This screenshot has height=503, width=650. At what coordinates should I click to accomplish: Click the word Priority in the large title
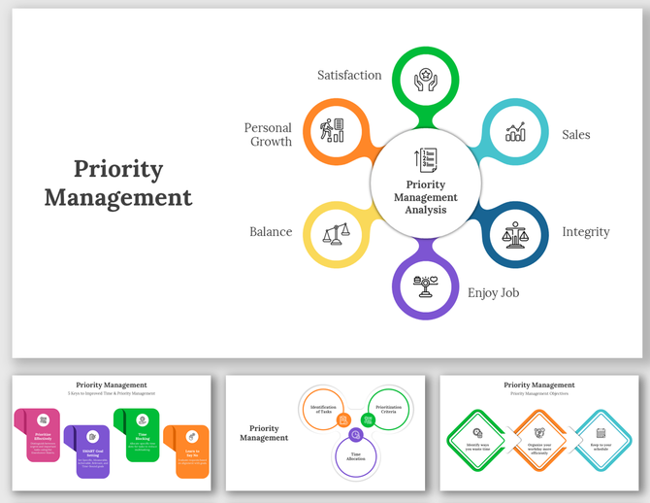pos(118,168)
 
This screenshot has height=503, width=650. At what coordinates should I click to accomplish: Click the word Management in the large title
pos(118,197)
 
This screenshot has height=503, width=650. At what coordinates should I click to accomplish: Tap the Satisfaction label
pos(349,75)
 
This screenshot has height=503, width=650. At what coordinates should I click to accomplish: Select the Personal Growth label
pos(269,134)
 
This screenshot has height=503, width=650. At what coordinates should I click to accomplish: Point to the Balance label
pos(271,232)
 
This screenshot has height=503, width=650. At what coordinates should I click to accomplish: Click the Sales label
pos(575,135)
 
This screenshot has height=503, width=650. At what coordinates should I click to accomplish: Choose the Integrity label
pos(586,232)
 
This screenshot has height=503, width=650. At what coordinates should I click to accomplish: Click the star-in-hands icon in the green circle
pos(426,78)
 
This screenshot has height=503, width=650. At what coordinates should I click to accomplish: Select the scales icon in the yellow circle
pos(337,233)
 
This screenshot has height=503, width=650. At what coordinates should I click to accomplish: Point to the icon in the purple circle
pos(426,285)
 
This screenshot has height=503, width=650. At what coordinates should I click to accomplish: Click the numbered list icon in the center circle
pos(426,161)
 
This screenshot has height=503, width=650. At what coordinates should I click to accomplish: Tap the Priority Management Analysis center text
pos(426,196)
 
